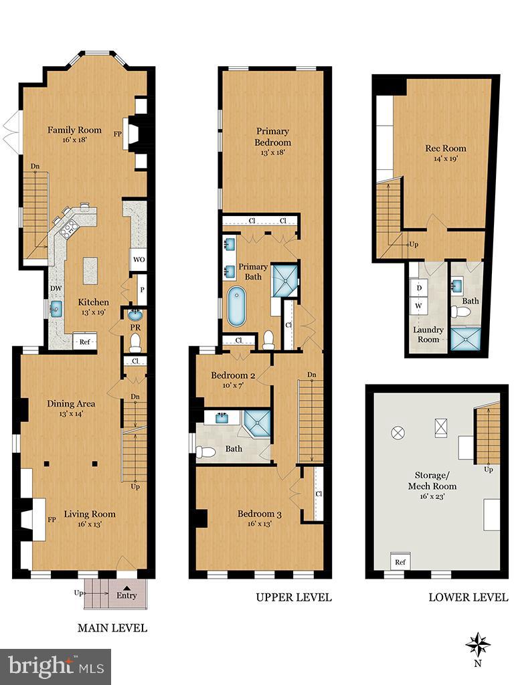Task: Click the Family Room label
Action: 74,130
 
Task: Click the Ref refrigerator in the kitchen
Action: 84,341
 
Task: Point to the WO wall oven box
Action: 139,260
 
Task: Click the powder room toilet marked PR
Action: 135,343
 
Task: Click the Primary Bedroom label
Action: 272,137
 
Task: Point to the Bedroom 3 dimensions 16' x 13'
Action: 259,525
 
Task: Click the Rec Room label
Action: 446,149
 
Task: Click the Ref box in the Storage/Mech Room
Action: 400,561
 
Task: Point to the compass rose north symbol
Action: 478,644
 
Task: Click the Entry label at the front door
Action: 126,595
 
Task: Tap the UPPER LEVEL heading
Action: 293,597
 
